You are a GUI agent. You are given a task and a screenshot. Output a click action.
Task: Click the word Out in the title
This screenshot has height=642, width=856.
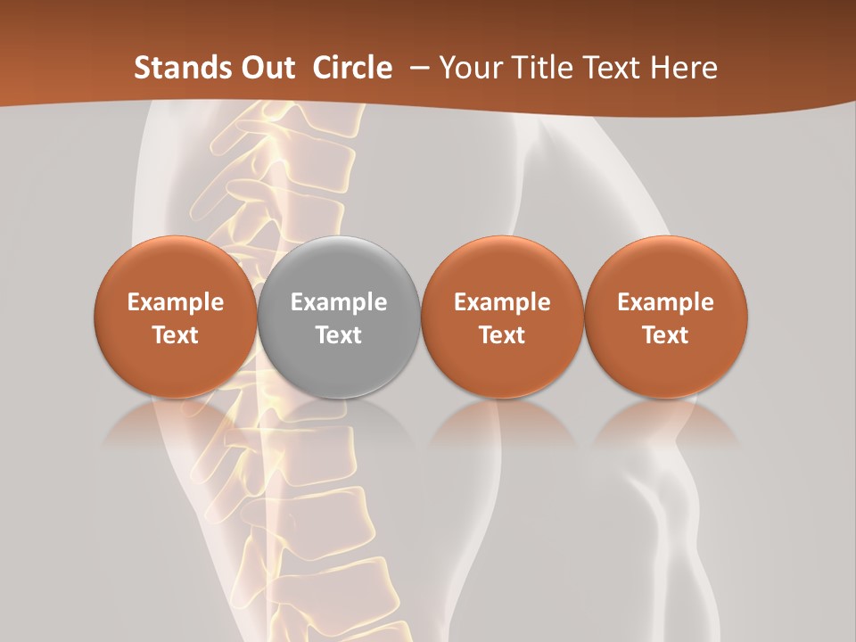tap(267, 68)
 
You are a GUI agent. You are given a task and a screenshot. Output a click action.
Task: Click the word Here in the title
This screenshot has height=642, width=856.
tap(683, 68)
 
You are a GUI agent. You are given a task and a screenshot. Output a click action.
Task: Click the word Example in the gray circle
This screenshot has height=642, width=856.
tap(339, 302)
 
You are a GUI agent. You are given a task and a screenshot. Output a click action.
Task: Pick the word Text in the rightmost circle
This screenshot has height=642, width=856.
tap(665, 335)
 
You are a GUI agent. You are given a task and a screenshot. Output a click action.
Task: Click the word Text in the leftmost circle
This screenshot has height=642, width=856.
tap(176, 335)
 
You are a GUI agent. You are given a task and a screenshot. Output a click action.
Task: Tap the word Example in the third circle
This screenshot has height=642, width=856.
tap(502, 302)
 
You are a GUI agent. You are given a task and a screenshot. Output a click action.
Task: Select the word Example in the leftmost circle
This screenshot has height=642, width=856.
tap(176, 302)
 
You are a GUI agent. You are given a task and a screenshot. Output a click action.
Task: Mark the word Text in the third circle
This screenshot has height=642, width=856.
tap(502, 335)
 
